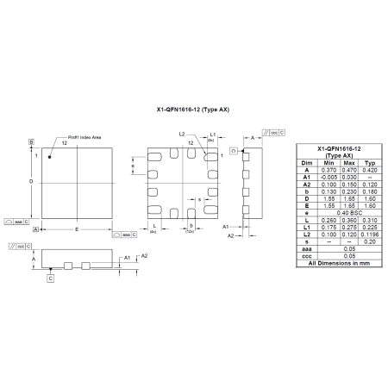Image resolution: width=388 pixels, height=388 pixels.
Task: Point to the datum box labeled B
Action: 30,141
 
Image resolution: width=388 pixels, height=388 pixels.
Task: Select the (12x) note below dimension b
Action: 190,233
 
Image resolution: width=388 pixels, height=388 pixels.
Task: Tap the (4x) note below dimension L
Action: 152,233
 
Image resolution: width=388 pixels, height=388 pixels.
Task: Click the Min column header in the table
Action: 329,161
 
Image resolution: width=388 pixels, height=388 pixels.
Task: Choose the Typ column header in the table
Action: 369,161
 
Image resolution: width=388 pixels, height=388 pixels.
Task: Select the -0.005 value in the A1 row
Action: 329,176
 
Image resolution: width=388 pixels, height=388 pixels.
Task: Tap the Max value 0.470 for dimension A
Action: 348,169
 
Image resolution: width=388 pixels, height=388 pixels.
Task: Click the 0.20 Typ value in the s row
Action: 369,242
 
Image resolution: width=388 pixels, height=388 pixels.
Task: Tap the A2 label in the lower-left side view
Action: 145,256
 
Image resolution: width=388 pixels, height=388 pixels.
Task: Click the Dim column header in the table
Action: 306,161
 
